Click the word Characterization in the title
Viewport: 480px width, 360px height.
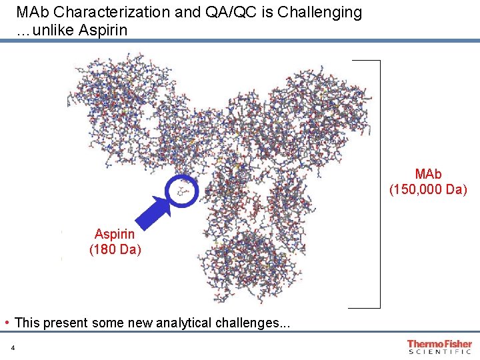click(x=99, y=12)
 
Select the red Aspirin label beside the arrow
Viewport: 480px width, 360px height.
click(x=115, y=234)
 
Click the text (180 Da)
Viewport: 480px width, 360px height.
click(x=115, y=250)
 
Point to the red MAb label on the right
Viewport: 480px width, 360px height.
click(x=428, y=174)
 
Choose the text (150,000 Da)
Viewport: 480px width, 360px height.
click(x=428, y=190)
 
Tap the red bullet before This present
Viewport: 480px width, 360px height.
click(x=7, y=323)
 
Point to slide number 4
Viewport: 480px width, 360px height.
click(x=13, y=347)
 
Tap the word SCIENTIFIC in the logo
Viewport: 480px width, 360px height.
click(x=439, y=351)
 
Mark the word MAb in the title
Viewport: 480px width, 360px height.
click(x=31, y=12)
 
